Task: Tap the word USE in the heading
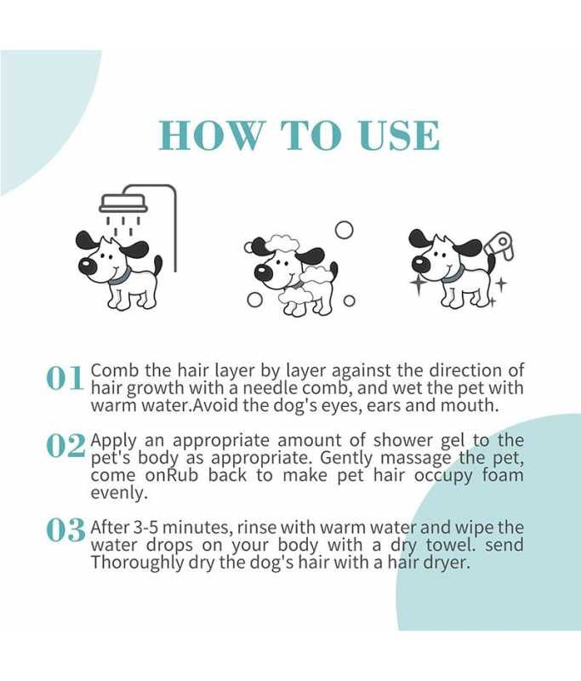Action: [x=397, y=134]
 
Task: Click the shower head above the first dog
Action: [x=122, y=203]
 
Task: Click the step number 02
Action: [x=66, y=445]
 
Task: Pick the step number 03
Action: [x=66, y=530]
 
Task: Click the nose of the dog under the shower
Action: [x=87, y=266]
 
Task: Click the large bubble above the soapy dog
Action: [x=344, y=230]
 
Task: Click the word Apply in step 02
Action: [x=113, y=441]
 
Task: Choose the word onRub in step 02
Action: [x=171, y=476]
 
